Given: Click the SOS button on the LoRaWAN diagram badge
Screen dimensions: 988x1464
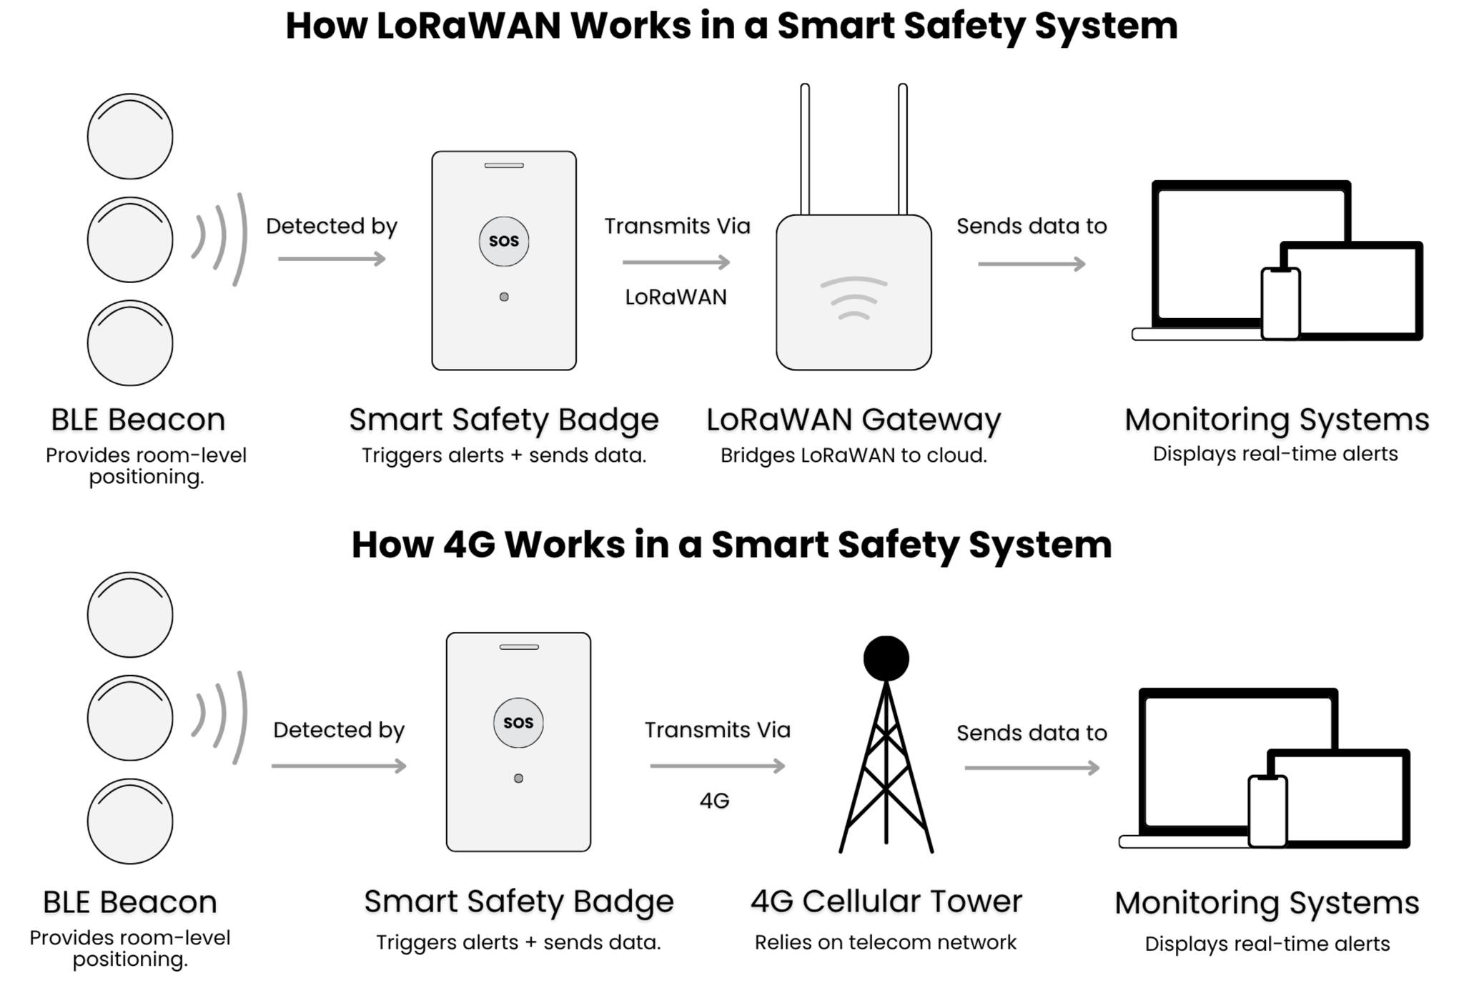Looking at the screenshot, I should tap(504, 242).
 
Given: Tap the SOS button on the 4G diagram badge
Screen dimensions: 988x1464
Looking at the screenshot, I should tap(518, 723).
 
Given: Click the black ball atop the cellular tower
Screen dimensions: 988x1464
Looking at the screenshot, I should tap(886, 658).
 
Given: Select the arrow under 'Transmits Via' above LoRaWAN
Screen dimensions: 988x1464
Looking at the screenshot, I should tap(676, 262).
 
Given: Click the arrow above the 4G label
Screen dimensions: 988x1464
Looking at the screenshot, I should tap(717, 766).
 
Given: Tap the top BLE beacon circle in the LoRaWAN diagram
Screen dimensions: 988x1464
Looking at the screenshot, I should tap(130, 137).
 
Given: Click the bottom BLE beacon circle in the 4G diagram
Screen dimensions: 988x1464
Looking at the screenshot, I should tap(130, 821).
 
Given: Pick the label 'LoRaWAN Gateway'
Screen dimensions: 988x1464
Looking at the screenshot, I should tap(854, 420).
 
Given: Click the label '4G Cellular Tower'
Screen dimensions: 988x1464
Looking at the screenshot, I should tap(886, 901).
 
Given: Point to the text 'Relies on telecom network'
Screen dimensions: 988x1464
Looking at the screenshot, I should tap(885, 942).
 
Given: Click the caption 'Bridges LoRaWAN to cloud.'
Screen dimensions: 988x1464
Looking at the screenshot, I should tap(854, 455).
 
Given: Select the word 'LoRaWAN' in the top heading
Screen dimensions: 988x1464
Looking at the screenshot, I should tap(468, 26).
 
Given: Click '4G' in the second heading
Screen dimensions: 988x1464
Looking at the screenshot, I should tap(469, 545).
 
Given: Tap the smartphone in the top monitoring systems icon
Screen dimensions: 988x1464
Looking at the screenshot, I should tap(1280, 303).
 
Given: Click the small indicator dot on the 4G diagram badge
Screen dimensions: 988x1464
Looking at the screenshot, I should tap(518, 779).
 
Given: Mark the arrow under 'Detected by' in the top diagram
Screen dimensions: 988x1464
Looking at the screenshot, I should tap(332, 259).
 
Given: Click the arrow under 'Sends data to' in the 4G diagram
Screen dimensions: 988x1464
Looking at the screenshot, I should tap(1032, 768).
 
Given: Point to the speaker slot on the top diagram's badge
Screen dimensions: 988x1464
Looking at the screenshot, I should tap(504, 166).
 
